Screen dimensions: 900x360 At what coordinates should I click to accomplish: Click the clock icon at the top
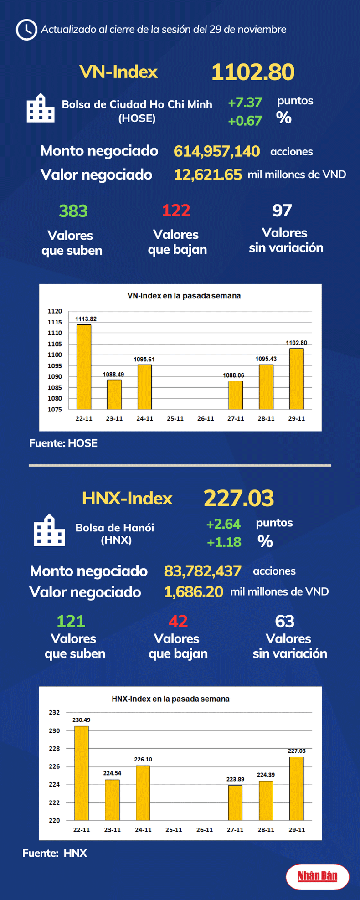click(x=26, y=30)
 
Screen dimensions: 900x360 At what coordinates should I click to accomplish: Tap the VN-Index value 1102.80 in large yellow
click(x=253, y=72)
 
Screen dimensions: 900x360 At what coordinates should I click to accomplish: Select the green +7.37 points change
click(x=245, y=103)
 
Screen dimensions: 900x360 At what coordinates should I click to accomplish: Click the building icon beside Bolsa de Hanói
click(x=49, y=530)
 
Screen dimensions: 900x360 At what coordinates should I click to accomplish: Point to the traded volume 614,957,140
click(x=216, y=151)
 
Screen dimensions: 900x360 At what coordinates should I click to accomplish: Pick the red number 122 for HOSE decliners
click(x=176, y=211)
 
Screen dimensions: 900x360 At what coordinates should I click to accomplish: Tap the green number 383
click(x=73, y=211)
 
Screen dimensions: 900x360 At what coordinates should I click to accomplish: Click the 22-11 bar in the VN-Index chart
click(x=83, y=367)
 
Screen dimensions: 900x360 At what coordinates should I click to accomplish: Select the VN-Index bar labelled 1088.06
click(x=236, y=395)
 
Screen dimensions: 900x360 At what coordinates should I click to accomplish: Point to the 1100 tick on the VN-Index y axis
click(x=55, y=355)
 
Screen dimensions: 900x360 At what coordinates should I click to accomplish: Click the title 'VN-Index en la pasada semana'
click(x=184, y=296)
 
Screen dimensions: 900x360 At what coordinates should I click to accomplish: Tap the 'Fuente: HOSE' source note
click(x=63, y=443)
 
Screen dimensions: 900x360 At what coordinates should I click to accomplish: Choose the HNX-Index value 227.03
click(x=239, y=498)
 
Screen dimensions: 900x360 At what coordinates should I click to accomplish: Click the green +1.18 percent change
click(x=224, y=542)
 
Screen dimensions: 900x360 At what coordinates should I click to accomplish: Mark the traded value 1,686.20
click(x=194, y=592)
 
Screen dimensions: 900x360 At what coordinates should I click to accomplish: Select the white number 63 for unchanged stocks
click(x=285, y=621)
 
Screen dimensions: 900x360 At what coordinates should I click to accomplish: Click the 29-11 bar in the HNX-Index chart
click(x=297, y=788)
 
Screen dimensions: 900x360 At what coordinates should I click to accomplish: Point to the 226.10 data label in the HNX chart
click(x=143, y=760)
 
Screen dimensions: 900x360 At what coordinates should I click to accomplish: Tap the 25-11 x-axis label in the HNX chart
click(x=174, y=830)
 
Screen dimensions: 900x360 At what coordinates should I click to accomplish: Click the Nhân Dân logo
click(x=318, y=876)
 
